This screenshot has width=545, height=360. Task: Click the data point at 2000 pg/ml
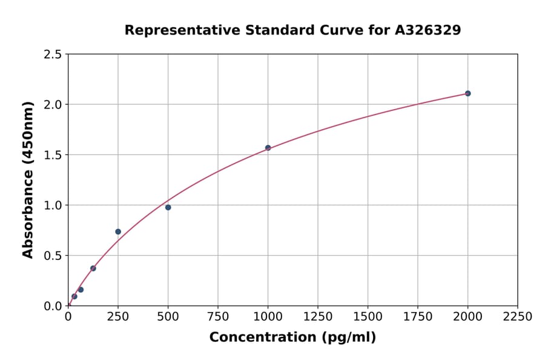467,93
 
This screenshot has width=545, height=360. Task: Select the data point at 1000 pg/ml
268,148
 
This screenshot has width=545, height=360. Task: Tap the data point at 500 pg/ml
168,207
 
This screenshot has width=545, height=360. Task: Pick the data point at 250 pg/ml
118,232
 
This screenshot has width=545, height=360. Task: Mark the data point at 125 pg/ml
93,268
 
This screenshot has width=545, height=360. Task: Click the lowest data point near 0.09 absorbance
74,296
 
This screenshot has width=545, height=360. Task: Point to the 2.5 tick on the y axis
53,55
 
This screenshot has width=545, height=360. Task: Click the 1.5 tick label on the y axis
53,155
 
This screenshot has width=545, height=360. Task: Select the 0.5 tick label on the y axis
53,256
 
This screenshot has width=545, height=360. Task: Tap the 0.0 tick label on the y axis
53,306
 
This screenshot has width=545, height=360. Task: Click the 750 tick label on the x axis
218,316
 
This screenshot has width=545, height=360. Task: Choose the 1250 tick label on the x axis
318,316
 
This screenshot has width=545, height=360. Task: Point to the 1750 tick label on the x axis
418,316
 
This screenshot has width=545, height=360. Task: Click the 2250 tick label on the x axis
518,316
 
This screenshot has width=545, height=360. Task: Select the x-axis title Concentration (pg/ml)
292,338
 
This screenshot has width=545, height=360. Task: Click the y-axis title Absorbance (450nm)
28,179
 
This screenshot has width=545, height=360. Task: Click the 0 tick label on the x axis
68,316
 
